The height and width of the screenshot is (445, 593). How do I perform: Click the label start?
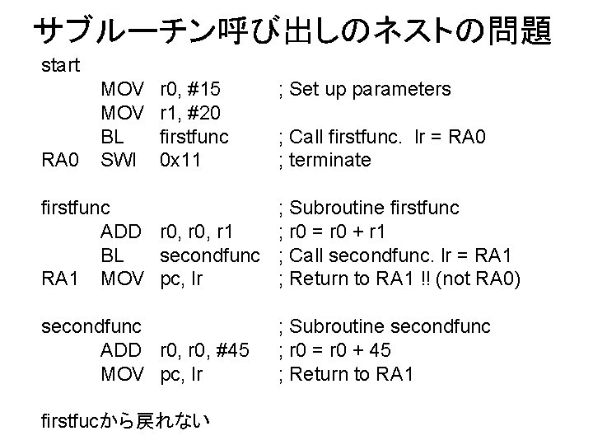point(60,64)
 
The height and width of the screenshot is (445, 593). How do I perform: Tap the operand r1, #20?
point(192,113)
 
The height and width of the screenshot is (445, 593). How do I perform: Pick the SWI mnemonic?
point(119,160)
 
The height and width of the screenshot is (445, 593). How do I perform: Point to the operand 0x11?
point(182,160)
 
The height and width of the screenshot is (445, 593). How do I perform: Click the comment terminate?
point(325,160)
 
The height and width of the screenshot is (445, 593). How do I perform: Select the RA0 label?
point(61,160)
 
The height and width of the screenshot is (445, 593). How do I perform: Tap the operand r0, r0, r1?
point(198,232)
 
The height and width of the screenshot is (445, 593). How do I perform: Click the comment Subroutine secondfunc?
point(385,327)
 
